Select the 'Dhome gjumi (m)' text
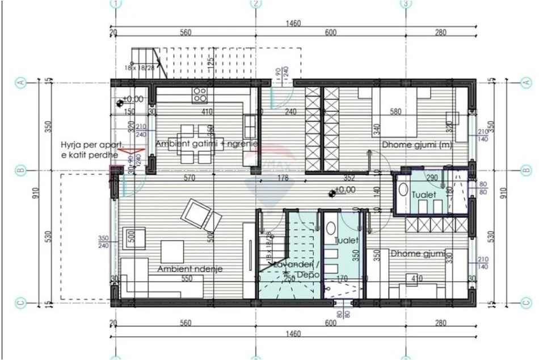click(x=417, y=144)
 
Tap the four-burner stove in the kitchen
click(x=200, y=94)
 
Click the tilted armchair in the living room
click(x=200, y=215)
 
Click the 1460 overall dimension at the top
click(x=293, y=23)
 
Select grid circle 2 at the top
click(x=256, y=3)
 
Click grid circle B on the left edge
click(x=21, y=170)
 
